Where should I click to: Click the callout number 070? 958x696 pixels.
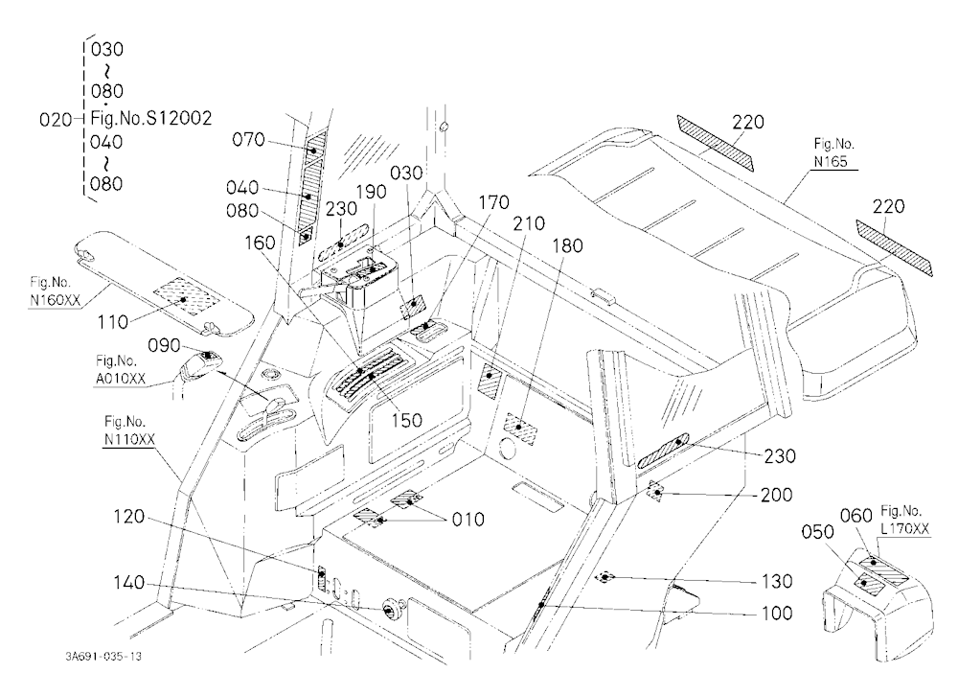click(248, 140)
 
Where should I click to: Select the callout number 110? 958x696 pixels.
click(113, 322)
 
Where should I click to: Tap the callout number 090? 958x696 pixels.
click(164, 345)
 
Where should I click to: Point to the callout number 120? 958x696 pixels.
click(129, 517)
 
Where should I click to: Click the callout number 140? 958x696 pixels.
click(129, 583)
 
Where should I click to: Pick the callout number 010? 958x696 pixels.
click(468, 520)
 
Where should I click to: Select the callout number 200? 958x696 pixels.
click(777, 495)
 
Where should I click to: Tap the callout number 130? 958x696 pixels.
click(777, 581)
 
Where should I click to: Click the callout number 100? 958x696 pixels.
click(777, 613)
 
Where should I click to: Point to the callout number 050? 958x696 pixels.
click(817, 532)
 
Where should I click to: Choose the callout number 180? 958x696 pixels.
click(567, 245)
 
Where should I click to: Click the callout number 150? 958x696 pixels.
click(406, 420)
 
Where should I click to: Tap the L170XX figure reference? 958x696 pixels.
click(905, 529)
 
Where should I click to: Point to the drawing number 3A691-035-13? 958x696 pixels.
click(103, 657)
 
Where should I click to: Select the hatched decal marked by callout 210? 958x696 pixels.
click(490, 382)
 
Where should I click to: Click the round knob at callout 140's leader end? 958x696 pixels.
click(389, 609)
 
